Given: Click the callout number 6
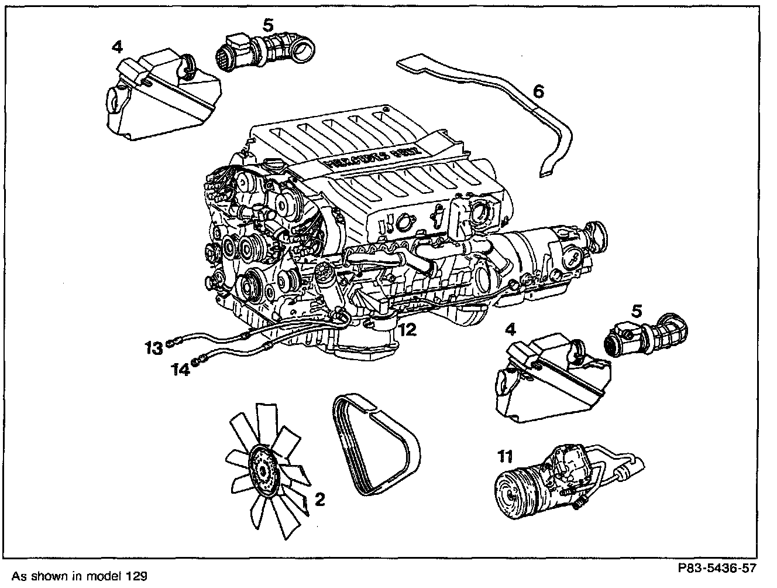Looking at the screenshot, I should [538, 91].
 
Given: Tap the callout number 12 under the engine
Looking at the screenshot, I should [407, 330].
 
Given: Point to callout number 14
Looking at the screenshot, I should [181, 370].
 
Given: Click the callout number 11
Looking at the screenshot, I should [504, 455].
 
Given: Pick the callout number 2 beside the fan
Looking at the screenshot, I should [319, 499].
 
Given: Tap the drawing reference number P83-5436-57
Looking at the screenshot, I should [717, 568].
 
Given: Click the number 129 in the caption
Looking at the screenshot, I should [135, 576].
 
